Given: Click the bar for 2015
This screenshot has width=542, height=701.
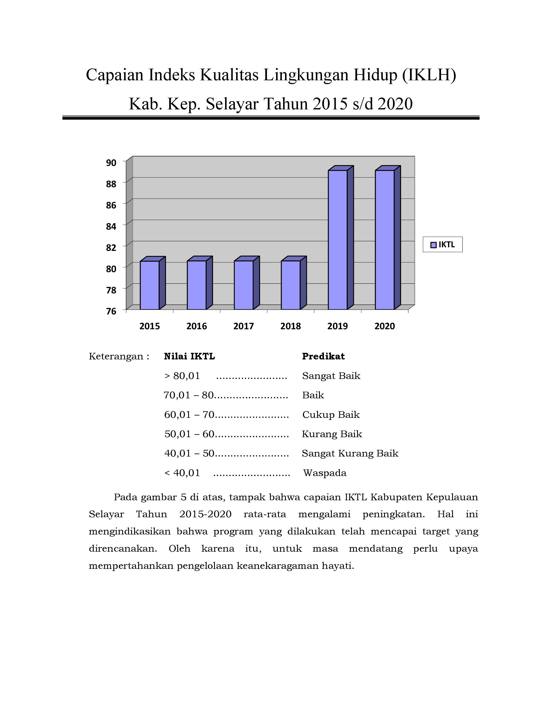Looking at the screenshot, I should [150, 285].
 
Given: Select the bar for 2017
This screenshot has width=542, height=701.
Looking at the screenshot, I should [244, 285].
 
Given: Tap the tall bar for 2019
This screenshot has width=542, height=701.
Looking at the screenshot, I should [338, 240].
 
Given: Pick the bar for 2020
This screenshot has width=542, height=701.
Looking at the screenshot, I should [385, 240].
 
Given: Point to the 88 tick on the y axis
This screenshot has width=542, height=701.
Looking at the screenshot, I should [111, 184].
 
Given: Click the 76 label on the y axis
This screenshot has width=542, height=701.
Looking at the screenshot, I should [111, 311].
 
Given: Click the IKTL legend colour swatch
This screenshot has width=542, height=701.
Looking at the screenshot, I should [433, 245].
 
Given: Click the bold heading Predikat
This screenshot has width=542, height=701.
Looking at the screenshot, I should [323, 356].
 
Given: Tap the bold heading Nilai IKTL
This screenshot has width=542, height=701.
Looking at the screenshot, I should [189, 356].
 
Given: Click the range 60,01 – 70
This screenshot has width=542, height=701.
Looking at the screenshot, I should [189, 415].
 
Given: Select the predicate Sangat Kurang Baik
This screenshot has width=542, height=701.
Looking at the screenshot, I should [350, 453].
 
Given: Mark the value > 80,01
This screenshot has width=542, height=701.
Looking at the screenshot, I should [182, 376].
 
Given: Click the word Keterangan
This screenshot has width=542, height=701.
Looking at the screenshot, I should [116, 356].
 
